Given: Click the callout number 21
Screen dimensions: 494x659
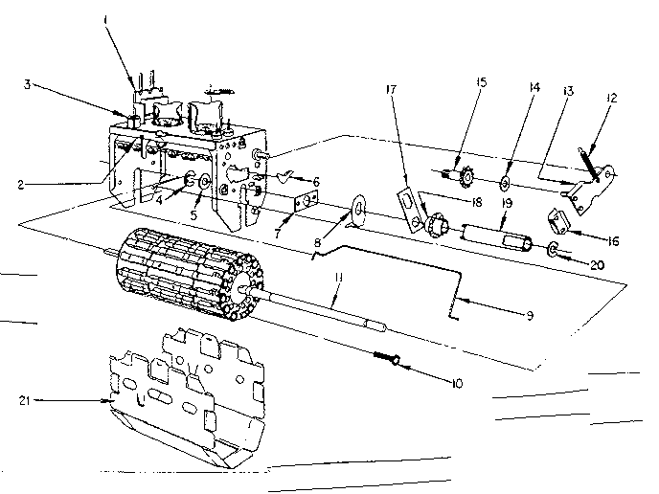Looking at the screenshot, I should (x=27, y=400).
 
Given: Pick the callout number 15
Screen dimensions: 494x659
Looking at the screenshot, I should (x=481, y=83).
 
